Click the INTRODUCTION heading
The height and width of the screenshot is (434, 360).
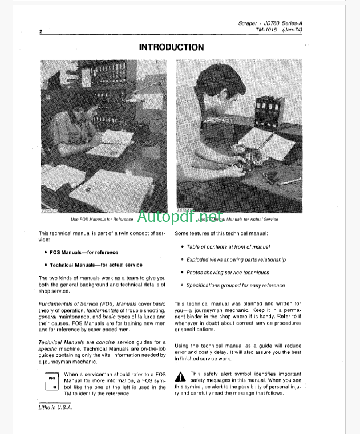[x=171, y=48]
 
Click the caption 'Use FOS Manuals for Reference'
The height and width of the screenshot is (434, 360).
[x=102, y=218]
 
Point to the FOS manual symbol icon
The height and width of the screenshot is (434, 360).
[x=52, y=382]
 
